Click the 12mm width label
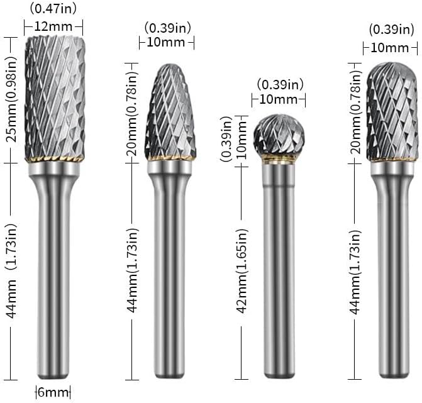(53, 26)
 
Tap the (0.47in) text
(53, 9)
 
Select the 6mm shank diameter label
(53, 392)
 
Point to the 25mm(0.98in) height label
(11, 99)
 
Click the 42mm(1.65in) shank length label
(242, 271)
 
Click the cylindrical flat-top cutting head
(55, 97)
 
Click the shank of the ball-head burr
(278, 269)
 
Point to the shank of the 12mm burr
(54, 270)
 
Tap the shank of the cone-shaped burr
(170, 269)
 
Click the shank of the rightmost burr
(392, 270)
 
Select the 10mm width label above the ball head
(278, 99)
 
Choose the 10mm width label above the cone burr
(166, 42)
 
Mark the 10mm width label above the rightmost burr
(389, 48)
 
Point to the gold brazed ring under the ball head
(278, 158)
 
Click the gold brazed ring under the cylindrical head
(55, 159)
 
